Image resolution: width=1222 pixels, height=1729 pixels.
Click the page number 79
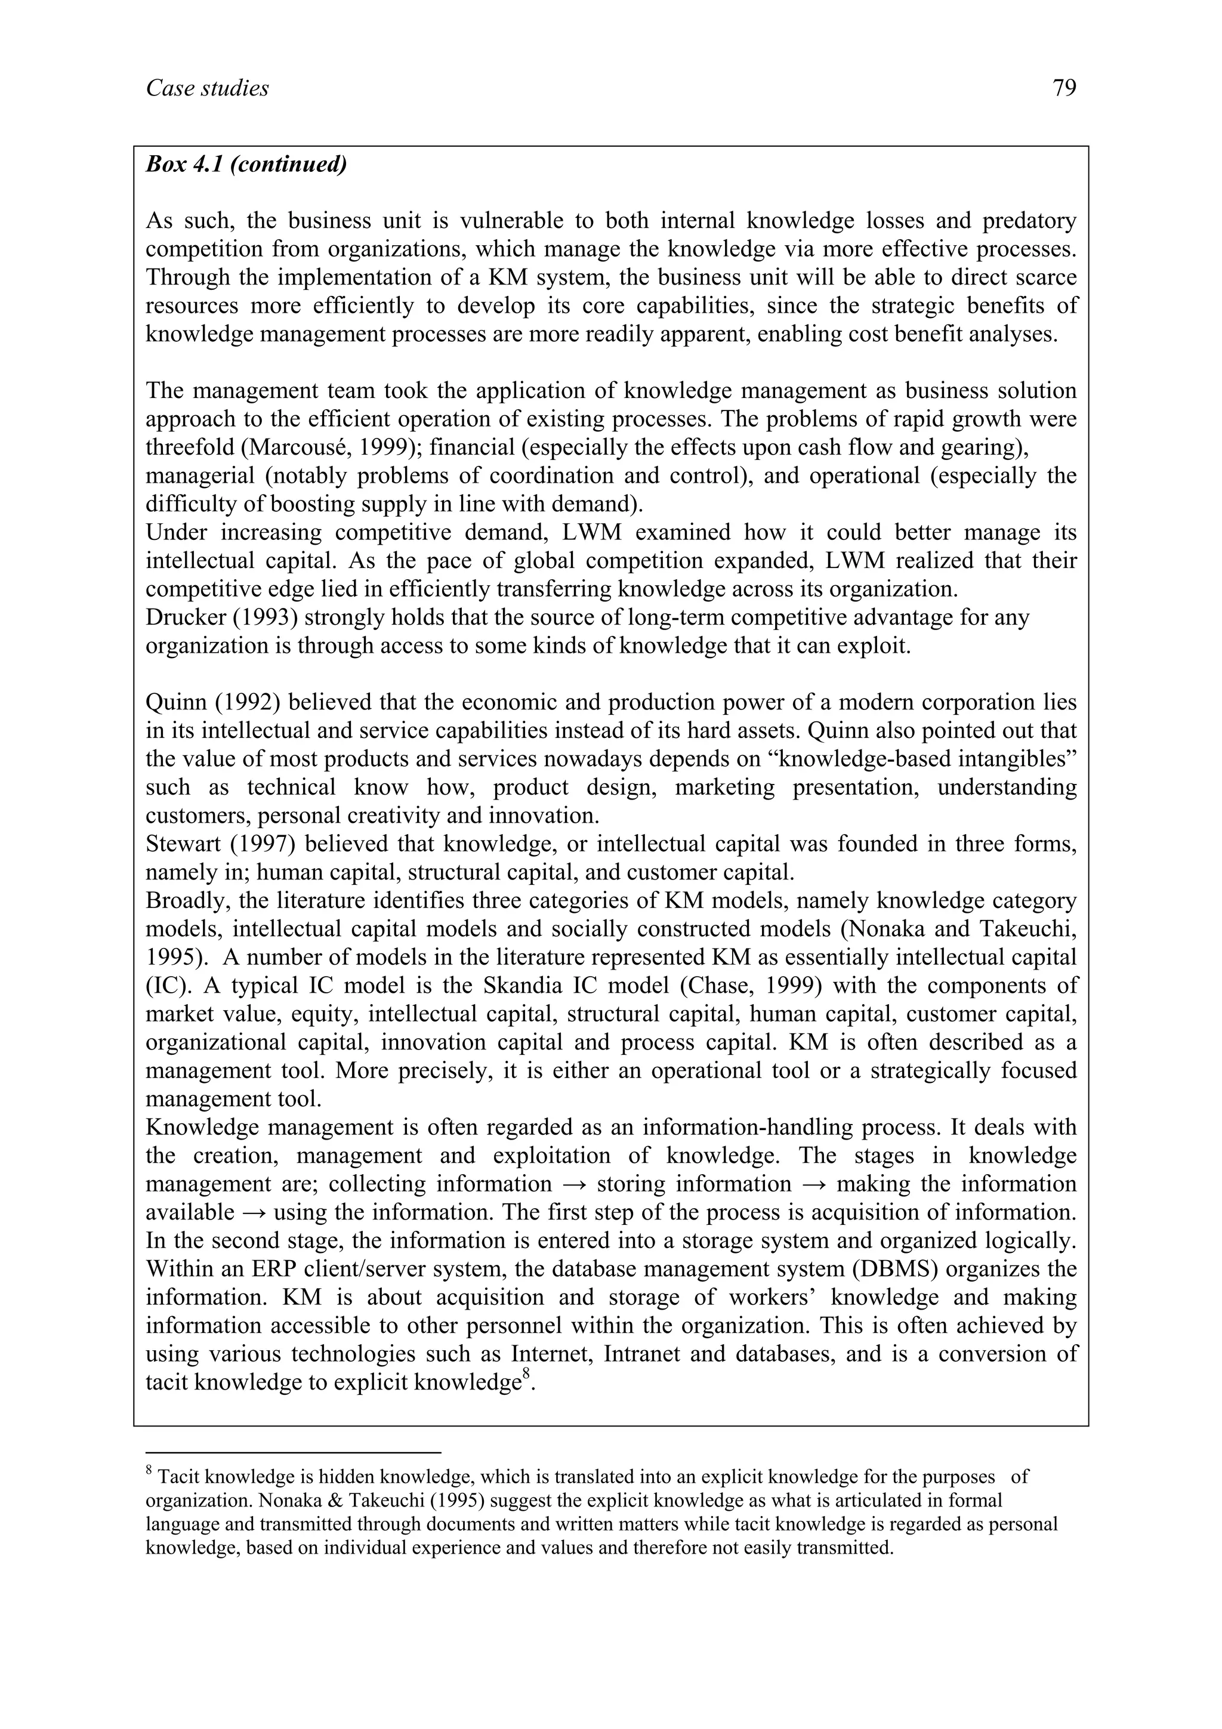click(x=1064, y=89)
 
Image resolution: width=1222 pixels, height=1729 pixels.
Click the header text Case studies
click(x=207, y=89)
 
